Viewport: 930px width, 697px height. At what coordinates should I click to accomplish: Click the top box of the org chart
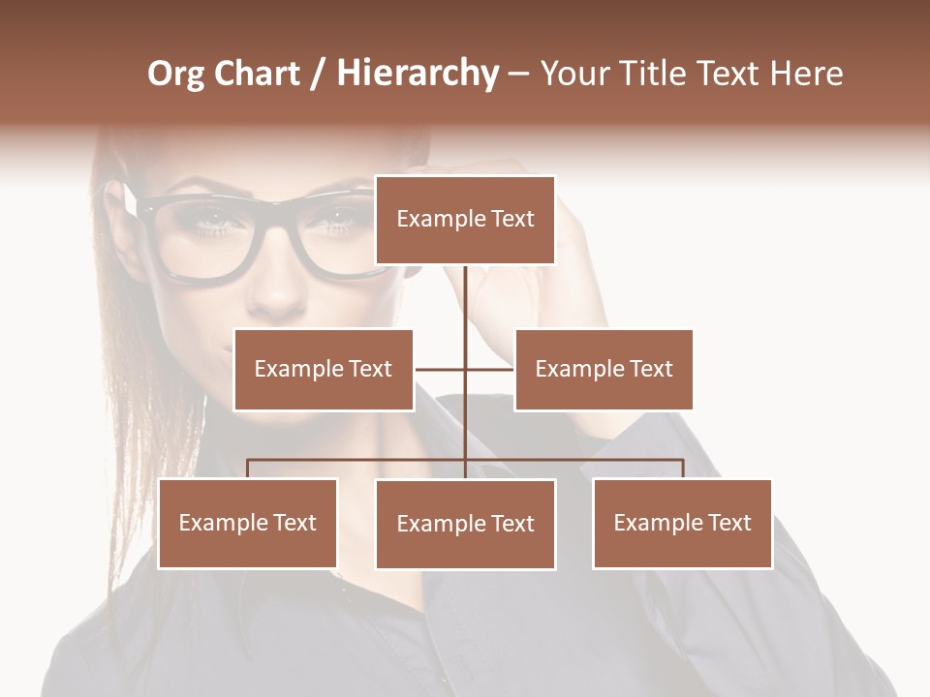[465, 220]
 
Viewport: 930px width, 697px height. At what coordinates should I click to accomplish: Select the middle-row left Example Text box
[324, 369]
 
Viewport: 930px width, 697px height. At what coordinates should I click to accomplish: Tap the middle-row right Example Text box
[604, 369]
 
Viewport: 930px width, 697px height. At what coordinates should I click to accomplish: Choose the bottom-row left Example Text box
[247, 523]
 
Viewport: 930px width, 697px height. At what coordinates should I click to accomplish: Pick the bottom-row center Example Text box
[465, 524]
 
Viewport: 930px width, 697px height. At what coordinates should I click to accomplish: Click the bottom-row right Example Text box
[682, 523]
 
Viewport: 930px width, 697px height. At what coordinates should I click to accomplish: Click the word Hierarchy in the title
[418, 74]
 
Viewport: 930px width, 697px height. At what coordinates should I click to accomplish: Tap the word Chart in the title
[258, 74]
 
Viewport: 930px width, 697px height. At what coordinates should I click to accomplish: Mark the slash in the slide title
[318, 74]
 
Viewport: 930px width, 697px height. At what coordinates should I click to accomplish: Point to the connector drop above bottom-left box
[247, 469]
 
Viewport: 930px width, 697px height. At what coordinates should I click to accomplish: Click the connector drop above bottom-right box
[683, 469]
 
